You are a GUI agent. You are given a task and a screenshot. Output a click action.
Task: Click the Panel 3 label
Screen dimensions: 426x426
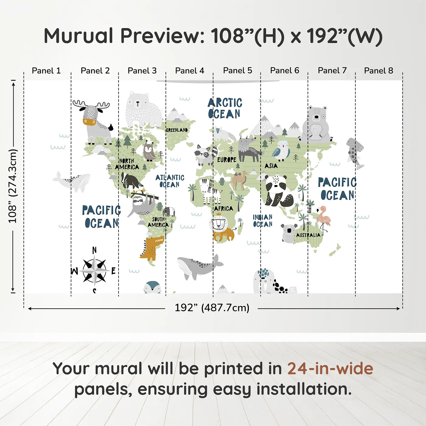click(142, 71)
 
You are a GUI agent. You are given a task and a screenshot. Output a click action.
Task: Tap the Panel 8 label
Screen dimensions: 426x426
click(379, 71)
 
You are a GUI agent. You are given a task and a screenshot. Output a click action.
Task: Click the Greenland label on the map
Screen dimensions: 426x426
click(177, 130)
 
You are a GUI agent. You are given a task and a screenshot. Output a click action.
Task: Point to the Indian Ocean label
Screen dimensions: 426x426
click(263, 221)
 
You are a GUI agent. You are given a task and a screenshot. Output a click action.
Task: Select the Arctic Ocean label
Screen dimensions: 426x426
click(225, 108)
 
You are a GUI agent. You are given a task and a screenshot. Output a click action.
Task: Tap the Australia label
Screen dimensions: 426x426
click(308, 235)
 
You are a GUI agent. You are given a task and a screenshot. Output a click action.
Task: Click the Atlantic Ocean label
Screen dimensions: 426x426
click(170, 181)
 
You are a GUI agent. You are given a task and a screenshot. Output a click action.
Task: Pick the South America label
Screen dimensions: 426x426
click(158, 222)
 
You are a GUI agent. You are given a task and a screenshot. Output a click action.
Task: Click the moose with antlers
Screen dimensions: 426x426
click(93, 122)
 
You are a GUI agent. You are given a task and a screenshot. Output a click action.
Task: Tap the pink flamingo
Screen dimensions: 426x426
click(323, 220)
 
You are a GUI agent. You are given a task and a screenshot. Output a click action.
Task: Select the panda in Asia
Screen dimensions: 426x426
click(278, 190)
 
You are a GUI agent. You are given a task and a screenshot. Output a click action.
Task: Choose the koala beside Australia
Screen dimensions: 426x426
click(288, 233)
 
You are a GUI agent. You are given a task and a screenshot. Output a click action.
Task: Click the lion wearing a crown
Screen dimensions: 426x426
click(222, 228)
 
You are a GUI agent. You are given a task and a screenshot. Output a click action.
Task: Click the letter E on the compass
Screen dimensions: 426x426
click(113, 271)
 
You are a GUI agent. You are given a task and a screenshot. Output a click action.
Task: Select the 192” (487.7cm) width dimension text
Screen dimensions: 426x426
click(212, 308)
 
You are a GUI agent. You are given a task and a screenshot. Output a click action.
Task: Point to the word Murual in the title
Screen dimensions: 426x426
click(79, 36)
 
